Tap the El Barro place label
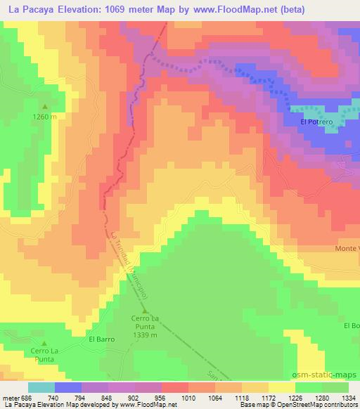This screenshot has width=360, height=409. [x=101, y=339]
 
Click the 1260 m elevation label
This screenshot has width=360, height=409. [x=44, y=117]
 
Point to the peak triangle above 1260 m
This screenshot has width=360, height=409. [x=44, y=108]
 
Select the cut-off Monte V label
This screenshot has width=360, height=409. [x=347, y=249]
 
